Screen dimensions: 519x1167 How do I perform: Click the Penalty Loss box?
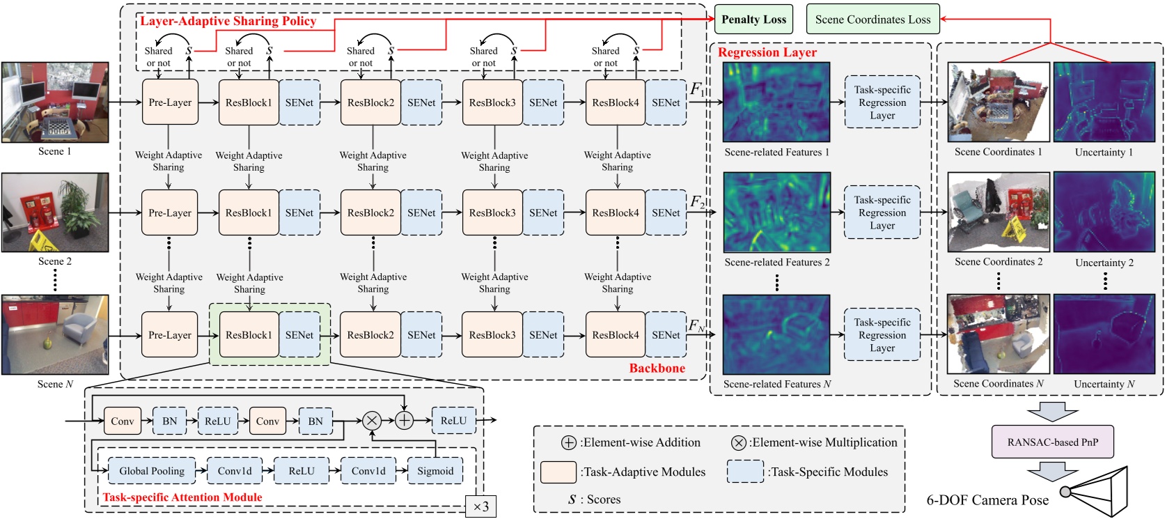point(753,20)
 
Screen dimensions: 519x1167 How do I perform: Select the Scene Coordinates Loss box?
point(872,20)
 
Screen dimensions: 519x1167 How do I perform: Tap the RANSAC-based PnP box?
point(1052,442)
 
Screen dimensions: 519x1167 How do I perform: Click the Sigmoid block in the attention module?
point(435,471)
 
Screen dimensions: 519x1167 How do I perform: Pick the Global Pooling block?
point(152,471)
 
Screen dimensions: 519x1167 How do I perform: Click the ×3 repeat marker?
point(480,506)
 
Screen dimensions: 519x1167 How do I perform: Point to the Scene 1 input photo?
point(55,102)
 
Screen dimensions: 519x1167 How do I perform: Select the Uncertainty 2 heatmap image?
point(1104,212)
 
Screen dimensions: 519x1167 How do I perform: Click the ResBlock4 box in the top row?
point(616,102)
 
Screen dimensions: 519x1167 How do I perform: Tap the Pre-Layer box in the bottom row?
point(170,335)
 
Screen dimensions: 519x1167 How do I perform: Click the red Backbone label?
point(657,368)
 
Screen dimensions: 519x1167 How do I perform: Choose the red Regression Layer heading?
point(767,52)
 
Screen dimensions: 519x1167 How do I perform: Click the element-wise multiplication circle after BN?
point(372,420)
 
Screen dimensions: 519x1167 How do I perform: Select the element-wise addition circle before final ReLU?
point(405,420)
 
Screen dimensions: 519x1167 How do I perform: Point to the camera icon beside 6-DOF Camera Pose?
point(1097,491)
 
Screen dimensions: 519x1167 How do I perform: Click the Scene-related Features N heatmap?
point(776,334)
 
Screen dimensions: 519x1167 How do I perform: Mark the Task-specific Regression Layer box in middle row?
point(882,212)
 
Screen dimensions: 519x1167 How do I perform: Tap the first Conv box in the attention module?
point(123,421)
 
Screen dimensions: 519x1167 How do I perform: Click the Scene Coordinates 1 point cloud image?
point(998,102)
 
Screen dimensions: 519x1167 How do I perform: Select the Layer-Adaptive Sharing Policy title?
point(228,21)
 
